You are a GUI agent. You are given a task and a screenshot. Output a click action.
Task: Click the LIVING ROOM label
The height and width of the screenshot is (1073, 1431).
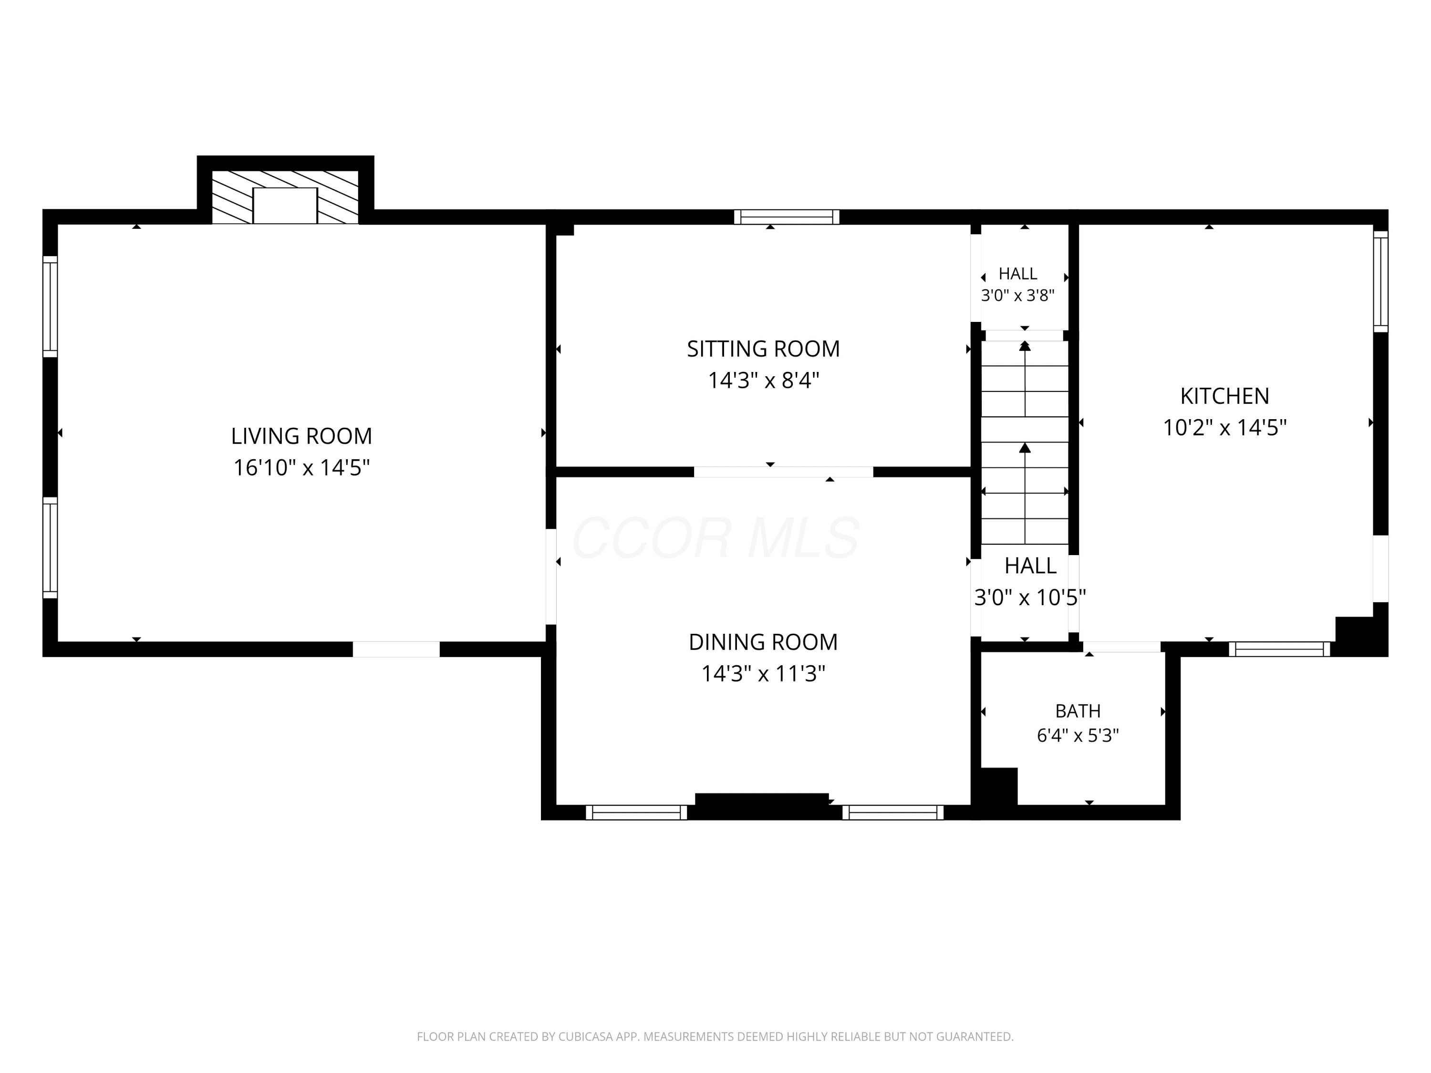(x=301, y=436)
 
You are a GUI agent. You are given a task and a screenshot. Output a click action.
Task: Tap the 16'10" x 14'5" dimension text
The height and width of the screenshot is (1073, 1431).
(x=301, y=467)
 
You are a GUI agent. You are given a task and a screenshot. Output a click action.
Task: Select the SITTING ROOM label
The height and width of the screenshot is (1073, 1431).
(x=763, y=349)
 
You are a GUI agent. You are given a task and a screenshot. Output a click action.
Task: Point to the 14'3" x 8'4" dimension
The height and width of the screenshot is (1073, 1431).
(x=763, y=380)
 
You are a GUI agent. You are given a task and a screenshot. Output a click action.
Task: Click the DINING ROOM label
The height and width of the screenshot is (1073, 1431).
(x=763, y=642)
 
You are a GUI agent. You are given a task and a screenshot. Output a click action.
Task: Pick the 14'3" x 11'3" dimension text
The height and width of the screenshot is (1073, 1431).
(x=763, y=674)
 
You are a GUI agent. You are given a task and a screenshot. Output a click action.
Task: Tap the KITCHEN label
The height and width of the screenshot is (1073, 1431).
(x=1224, y=396)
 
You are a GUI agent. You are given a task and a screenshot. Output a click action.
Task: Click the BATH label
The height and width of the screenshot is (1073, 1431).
(x=1078, y=712)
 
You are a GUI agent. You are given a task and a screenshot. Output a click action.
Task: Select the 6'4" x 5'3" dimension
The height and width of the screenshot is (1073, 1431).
(x=1078, y=735)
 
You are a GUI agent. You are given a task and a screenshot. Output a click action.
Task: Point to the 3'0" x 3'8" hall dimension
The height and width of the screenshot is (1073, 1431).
(x=1017, y=296)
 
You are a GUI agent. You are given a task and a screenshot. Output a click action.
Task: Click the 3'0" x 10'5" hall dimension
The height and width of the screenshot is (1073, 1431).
(x=1030, y=597)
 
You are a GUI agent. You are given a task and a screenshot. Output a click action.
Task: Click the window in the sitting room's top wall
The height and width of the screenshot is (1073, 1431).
(x=787, y=217)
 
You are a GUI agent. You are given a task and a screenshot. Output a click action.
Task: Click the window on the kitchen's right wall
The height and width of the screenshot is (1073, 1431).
(x=1380, y=281)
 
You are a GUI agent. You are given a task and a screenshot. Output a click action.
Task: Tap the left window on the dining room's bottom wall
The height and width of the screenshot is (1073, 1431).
(x=637, y=812)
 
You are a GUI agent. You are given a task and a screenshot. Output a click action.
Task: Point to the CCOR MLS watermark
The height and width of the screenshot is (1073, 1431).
(x=715, y=537)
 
